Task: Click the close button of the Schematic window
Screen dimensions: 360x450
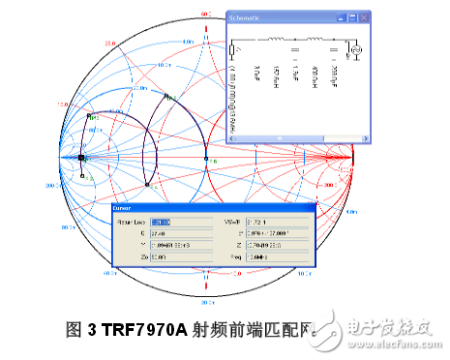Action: (365, 17)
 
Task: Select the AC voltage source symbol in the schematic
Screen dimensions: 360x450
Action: (353, 48)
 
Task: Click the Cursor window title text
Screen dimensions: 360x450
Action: (123, 208)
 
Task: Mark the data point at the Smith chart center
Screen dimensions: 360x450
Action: (205, 157)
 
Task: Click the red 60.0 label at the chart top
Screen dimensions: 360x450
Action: (205, 14)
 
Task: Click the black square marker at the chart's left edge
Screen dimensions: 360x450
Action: (82, 158)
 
